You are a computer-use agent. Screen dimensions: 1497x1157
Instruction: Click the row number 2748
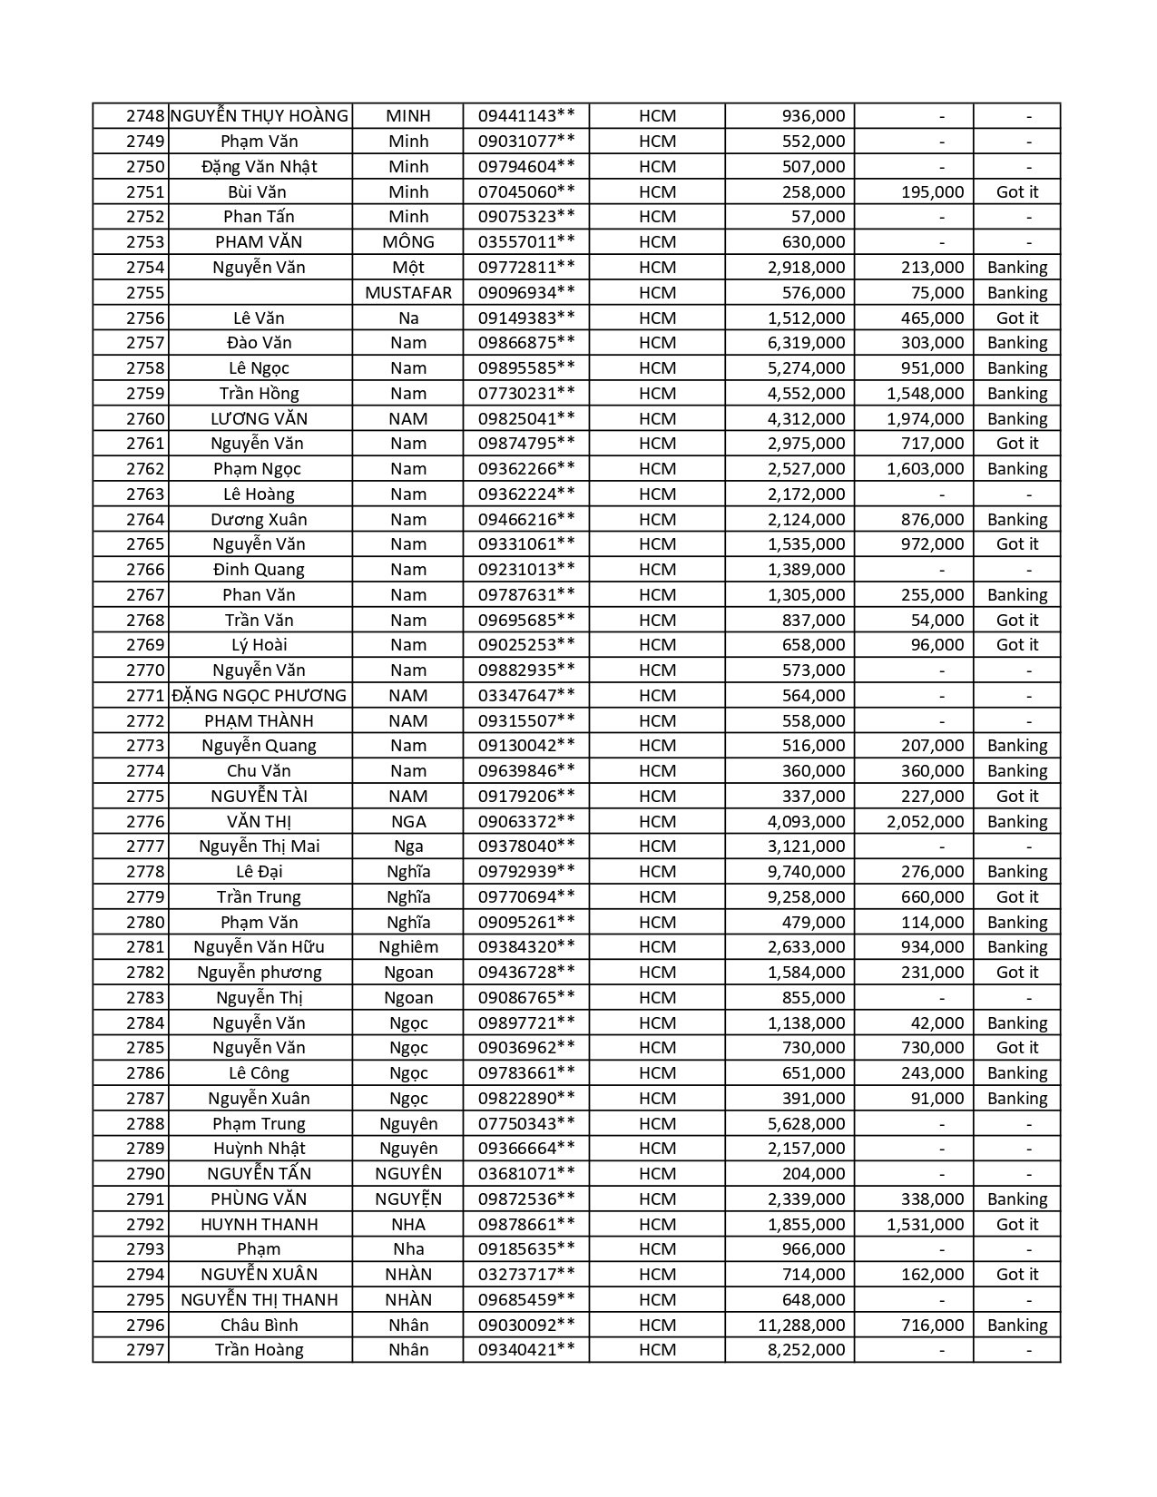(144, 116)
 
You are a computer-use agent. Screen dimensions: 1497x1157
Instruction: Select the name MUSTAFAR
(408, 292)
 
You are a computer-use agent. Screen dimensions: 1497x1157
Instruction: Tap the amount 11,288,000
(801, 1325)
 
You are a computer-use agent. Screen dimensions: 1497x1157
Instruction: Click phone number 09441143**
(526, 116)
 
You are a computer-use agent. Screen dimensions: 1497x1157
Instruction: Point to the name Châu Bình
(260, 1325)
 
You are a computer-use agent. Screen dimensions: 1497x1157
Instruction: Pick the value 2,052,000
(925, 821)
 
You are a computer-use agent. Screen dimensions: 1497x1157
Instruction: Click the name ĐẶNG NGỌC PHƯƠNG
(260, 695)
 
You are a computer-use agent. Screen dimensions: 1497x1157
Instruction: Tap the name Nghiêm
(408, 946)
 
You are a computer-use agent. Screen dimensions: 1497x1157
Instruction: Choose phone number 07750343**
(526, 1123)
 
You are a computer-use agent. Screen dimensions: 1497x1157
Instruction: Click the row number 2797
(144, 1349)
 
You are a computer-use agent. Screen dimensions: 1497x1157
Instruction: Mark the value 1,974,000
(925, 418)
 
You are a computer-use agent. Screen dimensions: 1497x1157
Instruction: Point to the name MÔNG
(408, 241)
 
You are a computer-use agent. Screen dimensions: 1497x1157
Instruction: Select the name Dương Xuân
(260, 519)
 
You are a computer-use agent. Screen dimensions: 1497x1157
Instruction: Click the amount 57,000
(817, 216)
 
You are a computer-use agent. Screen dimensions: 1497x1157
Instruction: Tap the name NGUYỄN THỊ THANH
(260, 1299)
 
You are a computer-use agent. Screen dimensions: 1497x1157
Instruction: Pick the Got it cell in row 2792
(1016, 1224)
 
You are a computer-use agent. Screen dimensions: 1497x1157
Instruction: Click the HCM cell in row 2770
(657, 670)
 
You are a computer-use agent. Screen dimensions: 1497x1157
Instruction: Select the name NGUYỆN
(408, 1199)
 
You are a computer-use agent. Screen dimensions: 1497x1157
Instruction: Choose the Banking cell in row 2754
(1016, 267)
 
